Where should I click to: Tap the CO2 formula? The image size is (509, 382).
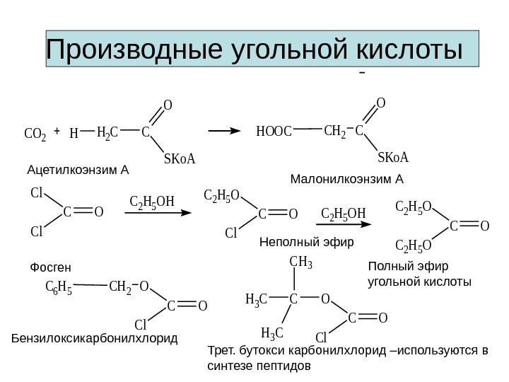click(x=35, y=133)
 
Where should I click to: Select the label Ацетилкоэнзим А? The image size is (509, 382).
click(x=78, y=170)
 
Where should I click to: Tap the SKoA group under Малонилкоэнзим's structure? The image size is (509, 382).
click(x=394, y=156)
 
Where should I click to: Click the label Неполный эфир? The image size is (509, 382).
click(x=306, y=242)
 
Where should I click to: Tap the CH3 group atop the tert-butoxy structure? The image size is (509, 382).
click(x=301, y=263)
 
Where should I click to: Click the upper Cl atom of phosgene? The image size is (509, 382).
click(x=37, y=193)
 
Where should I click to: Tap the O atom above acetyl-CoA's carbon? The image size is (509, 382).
click(x=168, y=106)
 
